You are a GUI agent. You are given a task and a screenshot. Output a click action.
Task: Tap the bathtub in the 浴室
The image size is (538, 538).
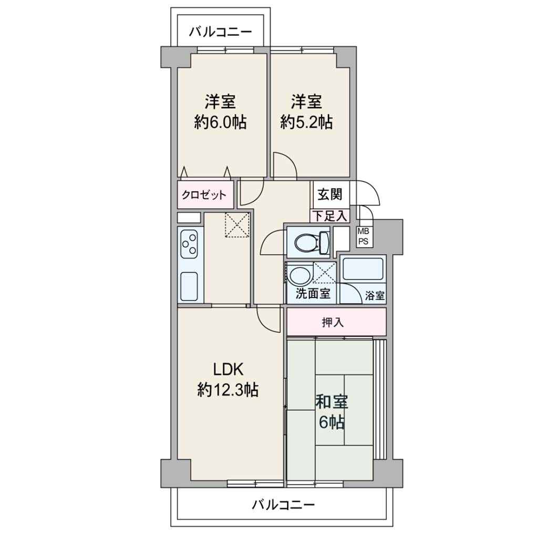tap(363, 268)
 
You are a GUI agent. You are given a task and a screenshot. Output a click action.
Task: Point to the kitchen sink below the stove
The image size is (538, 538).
tap(189, 286)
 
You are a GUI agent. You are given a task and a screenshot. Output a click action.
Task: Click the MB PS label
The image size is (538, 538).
tap(363, 236)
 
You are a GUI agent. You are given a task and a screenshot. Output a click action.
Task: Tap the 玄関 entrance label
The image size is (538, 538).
tap(330, 194)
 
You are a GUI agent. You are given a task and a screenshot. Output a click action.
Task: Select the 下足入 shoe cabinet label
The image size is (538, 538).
tap(329, 216)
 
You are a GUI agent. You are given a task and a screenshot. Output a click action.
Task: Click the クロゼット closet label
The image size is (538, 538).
tap(204, 195)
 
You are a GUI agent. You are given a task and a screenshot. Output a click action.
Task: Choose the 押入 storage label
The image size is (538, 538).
tap(333, 322)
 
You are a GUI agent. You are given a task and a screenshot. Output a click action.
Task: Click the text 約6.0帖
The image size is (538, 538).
tap(220, 122)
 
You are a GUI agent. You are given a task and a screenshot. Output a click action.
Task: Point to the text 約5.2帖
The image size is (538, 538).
tap(306, 122)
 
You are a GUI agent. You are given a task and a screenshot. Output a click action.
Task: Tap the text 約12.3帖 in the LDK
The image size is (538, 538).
tap(228, 390)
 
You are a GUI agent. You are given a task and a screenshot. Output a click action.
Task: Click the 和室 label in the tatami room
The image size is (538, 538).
tap(332, 402)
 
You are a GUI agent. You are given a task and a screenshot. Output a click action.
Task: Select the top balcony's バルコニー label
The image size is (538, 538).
tap(221, 32)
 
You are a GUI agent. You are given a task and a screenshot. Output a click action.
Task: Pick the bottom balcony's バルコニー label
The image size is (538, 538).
tap(283, 505)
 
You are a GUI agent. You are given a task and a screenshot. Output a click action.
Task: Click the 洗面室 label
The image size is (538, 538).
tap(313, 294)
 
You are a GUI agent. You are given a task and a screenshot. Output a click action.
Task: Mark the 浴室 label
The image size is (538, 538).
tap(375, 295)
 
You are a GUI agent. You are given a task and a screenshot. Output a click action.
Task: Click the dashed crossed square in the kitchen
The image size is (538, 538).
tap(237, 225)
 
